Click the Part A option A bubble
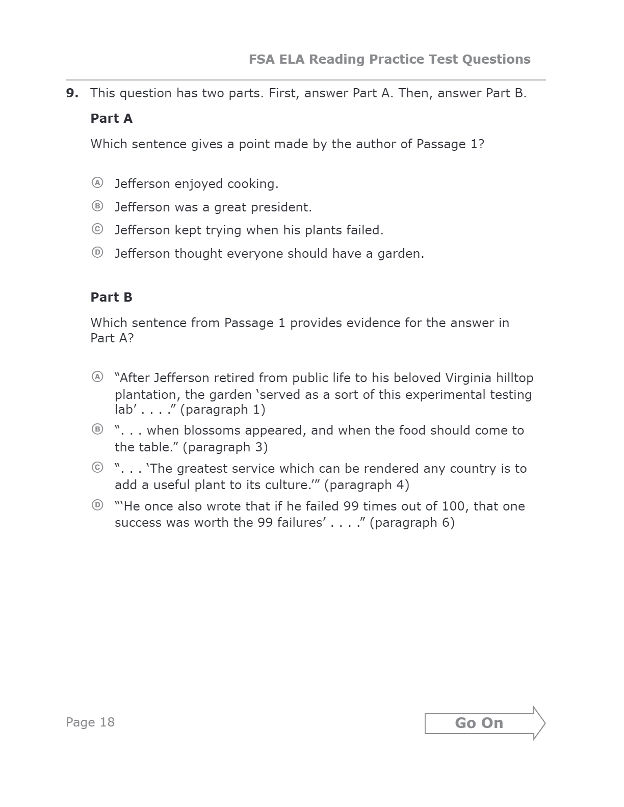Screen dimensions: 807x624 pyautogui.click(x=97, y=182)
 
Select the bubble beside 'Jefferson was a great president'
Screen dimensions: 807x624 pyautogui.click(x=97, y=206)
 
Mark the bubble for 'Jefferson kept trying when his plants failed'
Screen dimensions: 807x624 pyautogui.click(x=97, y=229)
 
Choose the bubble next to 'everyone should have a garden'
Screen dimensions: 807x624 pyautogui.click(x=97, y=252)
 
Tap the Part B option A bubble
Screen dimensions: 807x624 pyautogui.click(x=97, y=376)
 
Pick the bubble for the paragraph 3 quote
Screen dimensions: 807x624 pyautogui.click(x=97, y=429)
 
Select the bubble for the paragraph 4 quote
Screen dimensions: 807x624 pyautogui.click(x=97, y=467)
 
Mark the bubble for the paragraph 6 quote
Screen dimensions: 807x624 pyautogui.click(x=97, y=505)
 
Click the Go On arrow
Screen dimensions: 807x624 pyautogui.click(x=484, y=723)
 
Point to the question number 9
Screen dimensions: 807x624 pyautogui.click(x=72, y=93)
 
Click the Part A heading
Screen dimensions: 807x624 pyautogui.click(x=111, y=119)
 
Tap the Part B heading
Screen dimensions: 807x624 pyautogui.click(x=111, y=298)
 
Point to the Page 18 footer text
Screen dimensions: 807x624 pyautogui.click(x=90, y=722)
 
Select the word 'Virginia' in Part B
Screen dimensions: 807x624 pyautogui.click(x=469, y=378)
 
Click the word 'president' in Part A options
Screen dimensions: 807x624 pyautogui.click(x=288, y=207)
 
